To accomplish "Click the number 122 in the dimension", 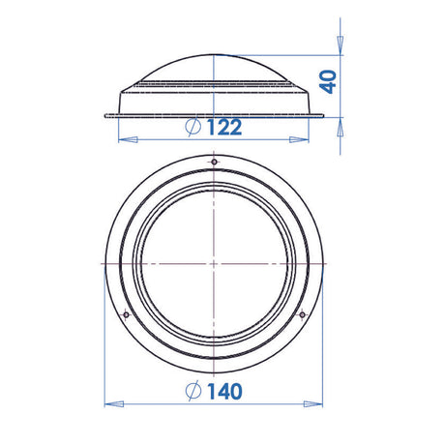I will (x=222, y=127).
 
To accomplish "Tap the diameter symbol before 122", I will (x=191, y=127).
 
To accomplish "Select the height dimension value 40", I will (x=329, y=81).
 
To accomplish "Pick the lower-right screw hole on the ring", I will (x=300, y=313).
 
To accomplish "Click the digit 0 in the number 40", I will (x=329, y=74).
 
